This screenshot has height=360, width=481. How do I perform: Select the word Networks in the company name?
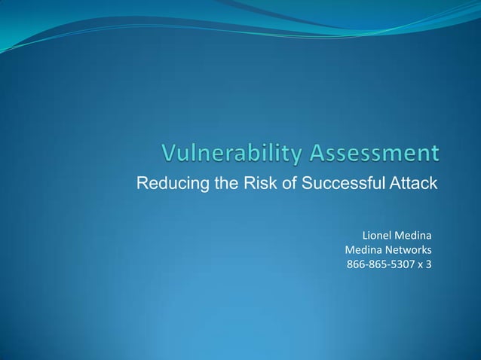tap(407, 250)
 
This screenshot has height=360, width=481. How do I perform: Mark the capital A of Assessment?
tap(316, 154)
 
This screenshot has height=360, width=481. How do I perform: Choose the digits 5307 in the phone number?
tap(401, 264)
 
